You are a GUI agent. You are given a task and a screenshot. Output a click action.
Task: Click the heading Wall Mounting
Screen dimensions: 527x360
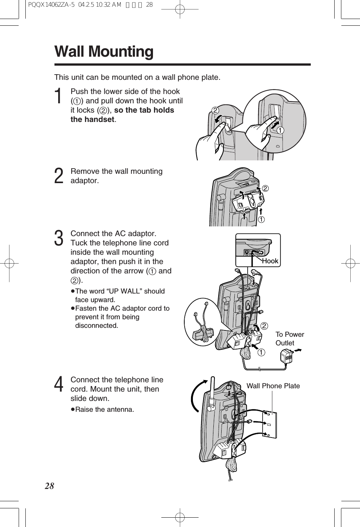click(104, 52)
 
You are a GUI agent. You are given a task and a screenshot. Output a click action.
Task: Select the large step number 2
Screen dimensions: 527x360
click(59, 176)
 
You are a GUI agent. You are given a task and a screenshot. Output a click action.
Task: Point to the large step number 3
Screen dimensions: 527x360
click(59, 239)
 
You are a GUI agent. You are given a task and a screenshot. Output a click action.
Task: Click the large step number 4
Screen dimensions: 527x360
click(59, 385)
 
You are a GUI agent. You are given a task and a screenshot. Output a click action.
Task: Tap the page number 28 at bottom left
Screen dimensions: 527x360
click(49, 486)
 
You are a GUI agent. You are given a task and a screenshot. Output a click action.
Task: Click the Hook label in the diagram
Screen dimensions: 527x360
click(270, 261)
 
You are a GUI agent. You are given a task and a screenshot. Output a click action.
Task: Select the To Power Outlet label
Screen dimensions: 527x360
click(289, 339)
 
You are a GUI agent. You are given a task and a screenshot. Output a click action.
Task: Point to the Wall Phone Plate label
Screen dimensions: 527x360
click(273, 386)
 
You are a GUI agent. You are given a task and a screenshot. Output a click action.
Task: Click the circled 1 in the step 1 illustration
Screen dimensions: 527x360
click(280, 130)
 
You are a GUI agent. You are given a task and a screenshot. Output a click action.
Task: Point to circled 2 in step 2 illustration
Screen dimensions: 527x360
click(265, 188)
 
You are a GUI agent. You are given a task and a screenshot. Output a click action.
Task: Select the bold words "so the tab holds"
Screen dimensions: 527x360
click(144, 110)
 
